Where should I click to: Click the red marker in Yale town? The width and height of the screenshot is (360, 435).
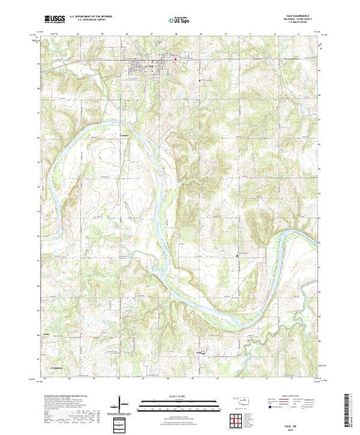(x=175, y=59)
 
